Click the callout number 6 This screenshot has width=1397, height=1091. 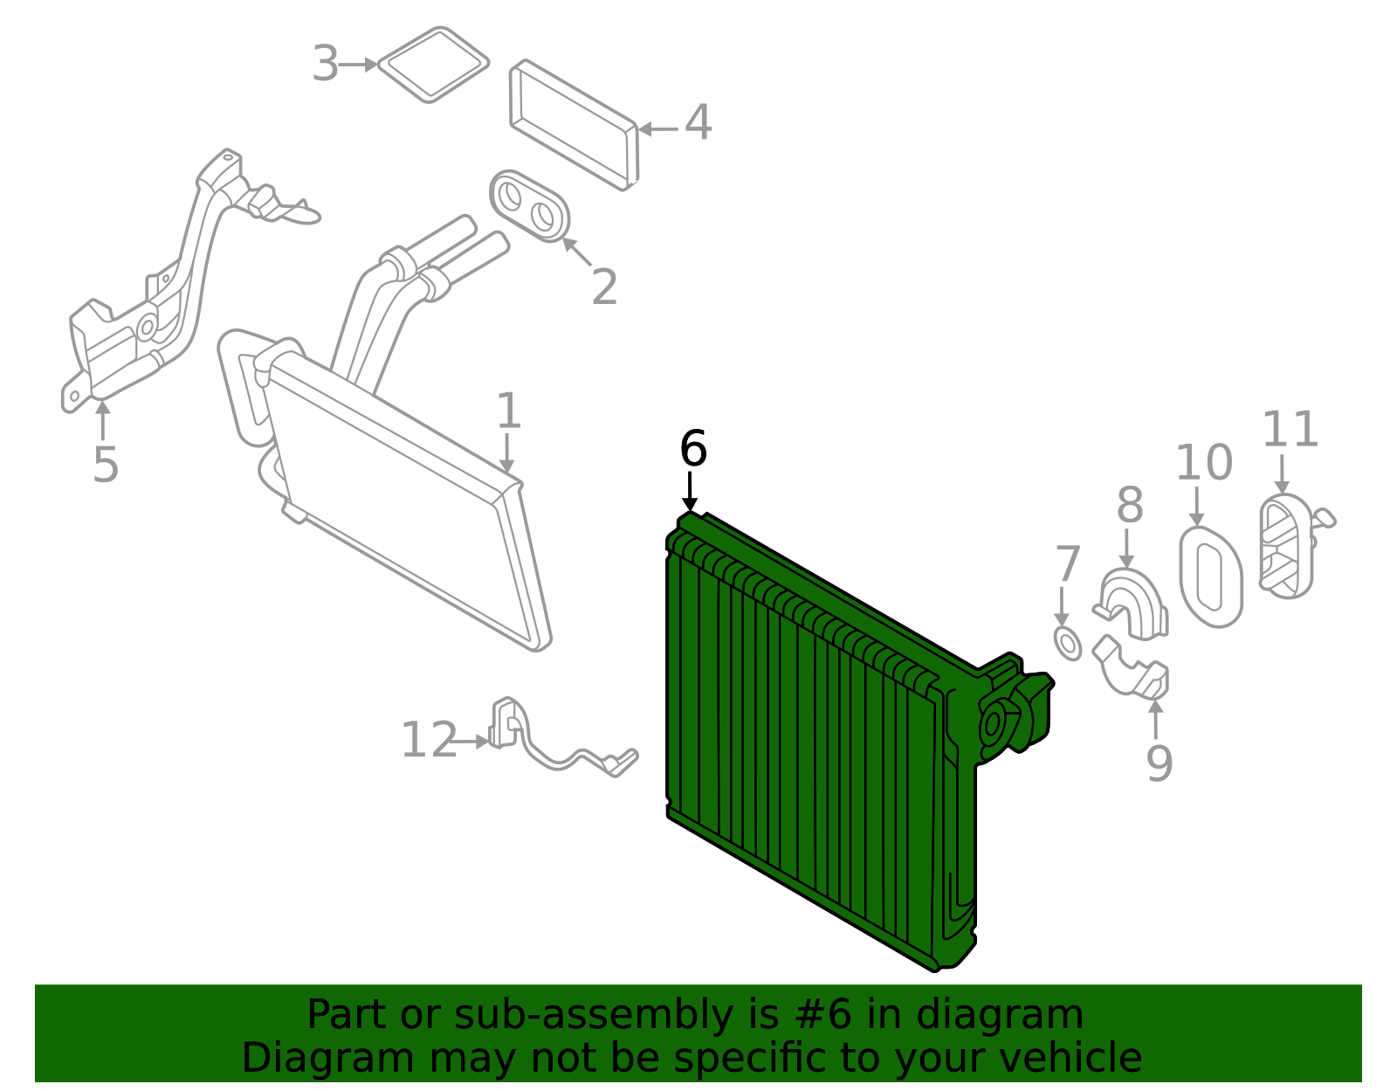(x=692, y=450)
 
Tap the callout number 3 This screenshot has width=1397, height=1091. (x=325, y=65)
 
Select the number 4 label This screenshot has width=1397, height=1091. (x=698, y=123)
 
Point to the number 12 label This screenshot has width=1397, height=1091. (x=429, y=741)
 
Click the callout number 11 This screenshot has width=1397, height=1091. (x=1290, y=430)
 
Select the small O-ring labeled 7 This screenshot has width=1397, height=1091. (x=1068, y=643)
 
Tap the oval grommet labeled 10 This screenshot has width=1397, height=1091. (x=1211, y=577)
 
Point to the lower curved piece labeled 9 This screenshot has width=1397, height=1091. (x=1132, y=668)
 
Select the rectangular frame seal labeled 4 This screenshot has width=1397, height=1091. (x=574, y=125)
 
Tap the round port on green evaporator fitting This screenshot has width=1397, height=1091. (x=994, y=724)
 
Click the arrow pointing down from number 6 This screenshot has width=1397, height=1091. (x=691, y=491)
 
